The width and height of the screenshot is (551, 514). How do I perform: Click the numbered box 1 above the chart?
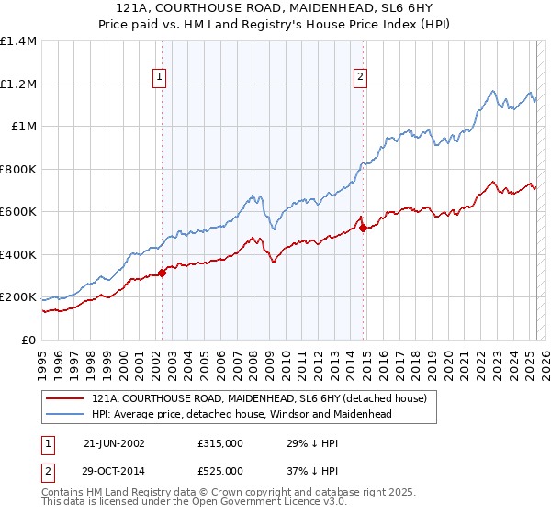(161, 78)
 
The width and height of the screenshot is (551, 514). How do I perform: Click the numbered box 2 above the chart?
(360, 78)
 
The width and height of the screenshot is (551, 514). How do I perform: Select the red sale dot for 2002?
(163, 272)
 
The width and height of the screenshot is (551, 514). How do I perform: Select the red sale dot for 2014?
(364, 228)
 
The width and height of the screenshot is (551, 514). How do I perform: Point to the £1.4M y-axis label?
(18, 41)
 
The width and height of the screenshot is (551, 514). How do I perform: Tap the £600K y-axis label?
(18, 212)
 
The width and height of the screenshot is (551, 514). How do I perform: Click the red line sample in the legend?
(65, 399)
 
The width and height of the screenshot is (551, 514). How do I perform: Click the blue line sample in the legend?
(65, 415)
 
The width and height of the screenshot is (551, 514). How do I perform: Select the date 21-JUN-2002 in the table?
(114, 443)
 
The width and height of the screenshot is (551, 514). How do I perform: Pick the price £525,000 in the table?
(219, 470)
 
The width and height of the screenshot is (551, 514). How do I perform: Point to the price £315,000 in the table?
(219, 443)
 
